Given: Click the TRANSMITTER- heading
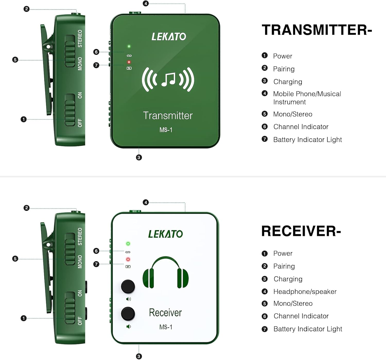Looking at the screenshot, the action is (x=317, y=30).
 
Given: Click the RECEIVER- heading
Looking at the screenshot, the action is (x=301, y=231).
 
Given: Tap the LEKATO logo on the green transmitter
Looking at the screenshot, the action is (x=169, y=37).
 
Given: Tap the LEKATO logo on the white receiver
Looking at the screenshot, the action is (x=165, y=234).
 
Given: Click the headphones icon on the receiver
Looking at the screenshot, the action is (x=166, y=272).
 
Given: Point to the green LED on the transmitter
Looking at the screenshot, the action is (x=129, y=46).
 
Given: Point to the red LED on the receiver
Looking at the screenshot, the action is (x=128, y=259).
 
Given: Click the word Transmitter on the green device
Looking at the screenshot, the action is (x=168, y=116).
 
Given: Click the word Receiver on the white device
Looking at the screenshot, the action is (x=165, y=313).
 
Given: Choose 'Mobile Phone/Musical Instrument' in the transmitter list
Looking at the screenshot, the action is (x=307, y=98).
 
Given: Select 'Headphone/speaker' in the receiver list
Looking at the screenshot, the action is (x=305, y=292).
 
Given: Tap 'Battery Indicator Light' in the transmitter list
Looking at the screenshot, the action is (x=307, y=140).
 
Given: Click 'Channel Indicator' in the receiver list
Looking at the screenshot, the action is (x=301, y=316).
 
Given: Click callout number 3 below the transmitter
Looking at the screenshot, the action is (x=139, y=157).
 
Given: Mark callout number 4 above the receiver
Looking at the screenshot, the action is (x=146, y=202).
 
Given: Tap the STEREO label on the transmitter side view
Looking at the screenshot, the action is (x=80, y=39).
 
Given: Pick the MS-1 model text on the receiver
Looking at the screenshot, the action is (x=166, y=327).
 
